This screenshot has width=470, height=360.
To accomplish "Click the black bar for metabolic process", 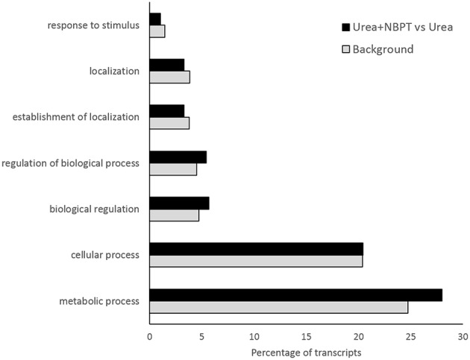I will coord(295,295).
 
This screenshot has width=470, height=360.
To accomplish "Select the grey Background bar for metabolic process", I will coord(278,307).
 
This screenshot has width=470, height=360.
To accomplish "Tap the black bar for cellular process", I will coord(256,249).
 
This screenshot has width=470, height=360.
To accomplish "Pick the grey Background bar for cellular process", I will coord(256,261).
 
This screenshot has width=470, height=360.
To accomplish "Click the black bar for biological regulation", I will coord(179,203).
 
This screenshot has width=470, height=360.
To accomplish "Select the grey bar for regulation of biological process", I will coord(173,168).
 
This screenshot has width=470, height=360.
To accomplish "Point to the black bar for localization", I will coord(166,65).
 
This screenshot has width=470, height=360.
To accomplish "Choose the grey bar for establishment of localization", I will coord(169,123).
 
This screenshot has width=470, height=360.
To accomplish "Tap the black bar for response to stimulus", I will coord(155,19).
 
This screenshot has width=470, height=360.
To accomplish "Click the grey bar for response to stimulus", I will coord(157,31).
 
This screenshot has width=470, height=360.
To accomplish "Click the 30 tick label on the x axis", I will coord(463,336).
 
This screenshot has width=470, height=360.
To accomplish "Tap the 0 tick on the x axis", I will coord(150,336).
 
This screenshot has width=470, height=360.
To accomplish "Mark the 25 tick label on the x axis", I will coord(411,336).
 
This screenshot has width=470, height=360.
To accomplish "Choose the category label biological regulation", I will coord(94,209).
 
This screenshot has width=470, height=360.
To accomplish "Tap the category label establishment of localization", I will coord(77,116).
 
